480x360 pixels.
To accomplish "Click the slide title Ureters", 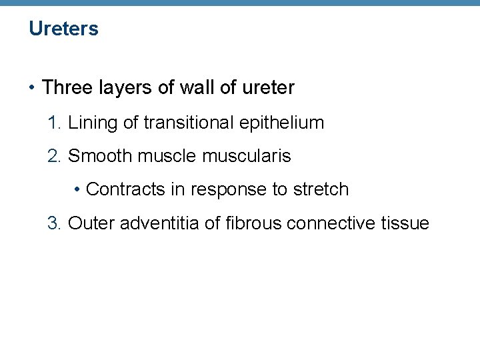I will pos(63,29).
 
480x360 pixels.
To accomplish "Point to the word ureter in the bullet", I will pos(269,87).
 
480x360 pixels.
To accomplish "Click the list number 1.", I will pos(53,123).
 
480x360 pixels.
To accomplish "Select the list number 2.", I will pos(53,156).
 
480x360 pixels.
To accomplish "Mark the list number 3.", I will pos(53,223).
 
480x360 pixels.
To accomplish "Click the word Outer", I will pos(91,223).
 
